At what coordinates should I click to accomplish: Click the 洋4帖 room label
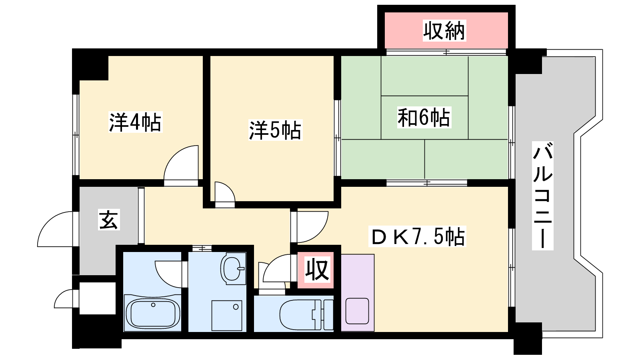pos(136,122)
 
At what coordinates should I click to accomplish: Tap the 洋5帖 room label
pos(276,130)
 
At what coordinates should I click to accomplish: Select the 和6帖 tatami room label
pos(424,118)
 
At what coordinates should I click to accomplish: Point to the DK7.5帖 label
pos(418,236)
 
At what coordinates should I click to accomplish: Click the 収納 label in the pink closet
pos(444,30)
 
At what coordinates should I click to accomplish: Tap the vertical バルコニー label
pos(542,196)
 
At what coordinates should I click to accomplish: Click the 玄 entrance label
pos(109,220)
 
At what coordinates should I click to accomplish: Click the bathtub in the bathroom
pos(153,313)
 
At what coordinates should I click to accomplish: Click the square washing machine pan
pos(227,316)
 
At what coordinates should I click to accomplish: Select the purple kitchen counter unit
pos(358,293)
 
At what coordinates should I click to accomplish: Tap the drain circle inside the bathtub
pos(153,305)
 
